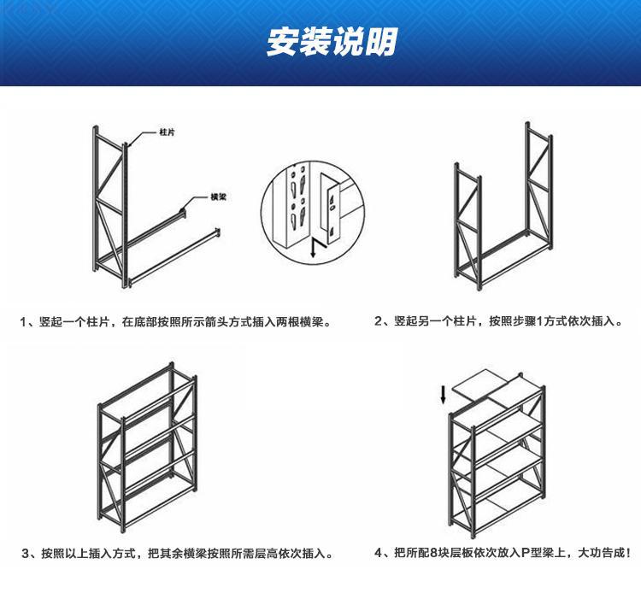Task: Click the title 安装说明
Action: click(x=320, y=43)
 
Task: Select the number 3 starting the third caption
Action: click(x=24, y=554)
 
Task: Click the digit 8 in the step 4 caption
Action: click(x=443, y=554)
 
